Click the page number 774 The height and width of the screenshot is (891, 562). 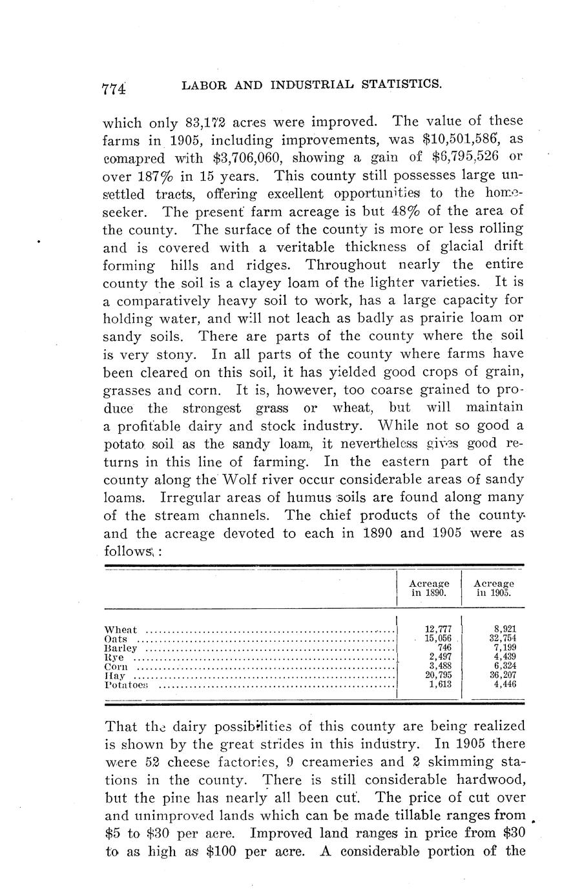tap(113, 88)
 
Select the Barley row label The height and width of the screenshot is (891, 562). tap(121, 648)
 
